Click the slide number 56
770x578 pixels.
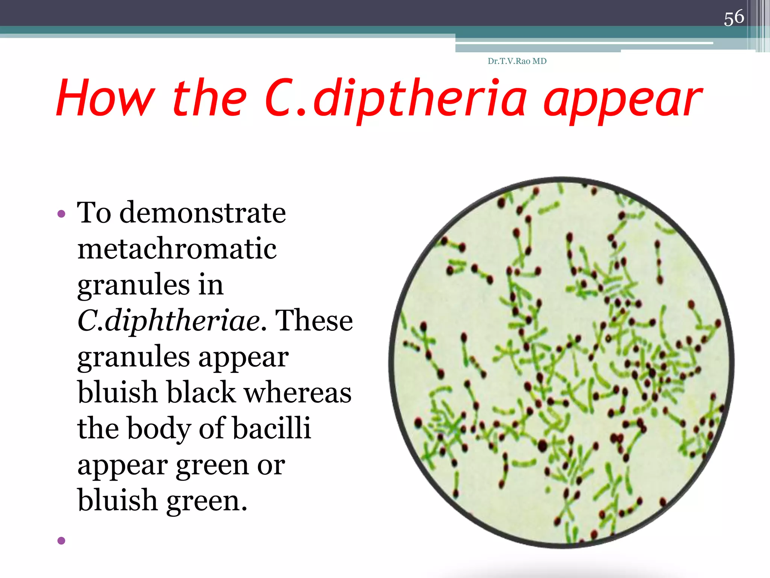pyautogui.click(x=734, y=18)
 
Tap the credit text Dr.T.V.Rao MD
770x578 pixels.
pyautogui.click(x=517, y=61)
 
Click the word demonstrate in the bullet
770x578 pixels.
pyautogui.click(x=203, y=213)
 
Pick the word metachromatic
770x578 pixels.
pyautogui.click(x=177, y=249)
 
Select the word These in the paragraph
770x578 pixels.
pyautogui.click(x=314, y=321)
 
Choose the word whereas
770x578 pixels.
pyautogui.click(x=298, y=392)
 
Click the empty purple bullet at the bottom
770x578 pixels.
pyautogui.click(x=61, y=541)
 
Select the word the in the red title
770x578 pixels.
pyautogui.click(x=209, y=98)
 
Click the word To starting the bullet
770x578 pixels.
pyautogui.click(x=94, y=213)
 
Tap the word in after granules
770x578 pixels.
pyautogui.click(x=211, y=285)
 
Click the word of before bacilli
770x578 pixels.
pyautogui.click(x=212, y=428)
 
